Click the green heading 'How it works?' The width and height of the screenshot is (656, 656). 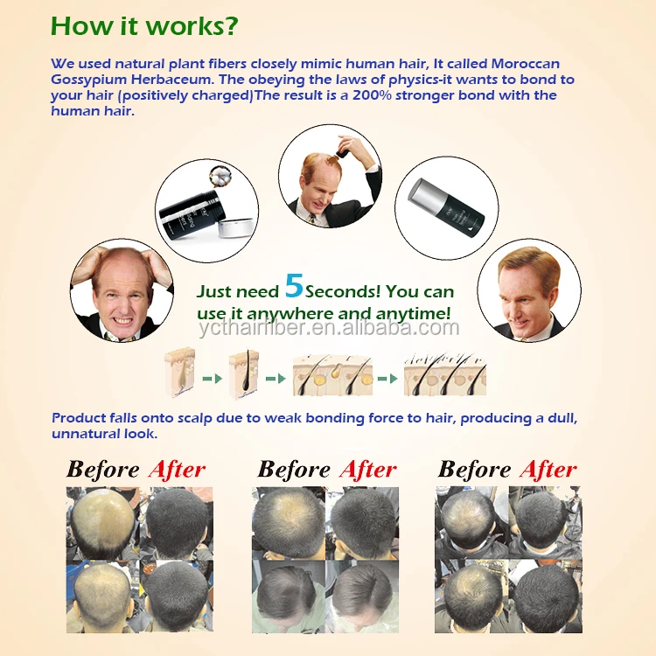pos(144,26)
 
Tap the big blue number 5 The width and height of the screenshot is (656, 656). pos(294,286)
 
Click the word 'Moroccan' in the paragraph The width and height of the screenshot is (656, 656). pos(525,64)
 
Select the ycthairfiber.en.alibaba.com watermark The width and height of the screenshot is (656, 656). pos(329,328)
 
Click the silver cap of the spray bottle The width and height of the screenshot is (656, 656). pos(422,193)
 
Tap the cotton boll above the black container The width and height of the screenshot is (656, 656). pos(220,176)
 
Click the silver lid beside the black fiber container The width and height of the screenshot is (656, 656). pos(236,227)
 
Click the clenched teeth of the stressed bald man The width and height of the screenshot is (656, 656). pos(123,321)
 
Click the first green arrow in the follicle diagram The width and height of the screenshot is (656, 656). pos(213,379)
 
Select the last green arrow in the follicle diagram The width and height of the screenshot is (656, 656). pos(387,379)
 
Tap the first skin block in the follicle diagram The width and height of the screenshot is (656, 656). pos(180,372)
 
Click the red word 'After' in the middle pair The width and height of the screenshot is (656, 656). pos(368,470)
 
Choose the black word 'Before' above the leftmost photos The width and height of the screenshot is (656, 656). pos(103,470)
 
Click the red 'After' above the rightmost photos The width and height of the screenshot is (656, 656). pos(548,470)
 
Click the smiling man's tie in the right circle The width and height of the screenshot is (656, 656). pos(523,338)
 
